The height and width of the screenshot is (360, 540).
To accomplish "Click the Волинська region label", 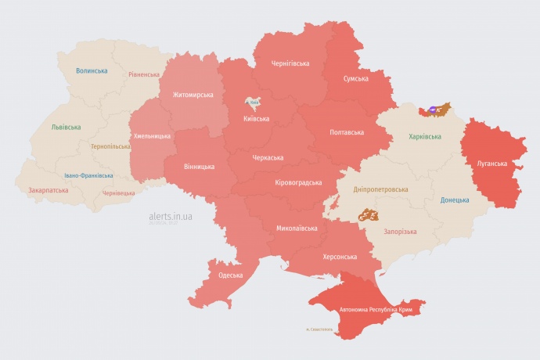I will (x=92, y=70).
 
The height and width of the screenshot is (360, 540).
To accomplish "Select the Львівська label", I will (x=65, y=126).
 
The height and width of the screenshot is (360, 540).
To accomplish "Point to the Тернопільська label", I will (x=110, y=146).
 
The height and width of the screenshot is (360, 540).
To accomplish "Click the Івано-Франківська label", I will (x=88, y=175).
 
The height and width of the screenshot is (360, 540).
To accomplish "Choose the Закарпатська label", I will (x=48, y=189).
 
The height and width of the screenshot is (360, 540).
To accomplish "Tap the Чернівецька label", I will (x=119, y=193).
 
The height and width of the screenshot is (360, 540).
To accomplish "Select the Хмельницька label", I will (x=152, y=135).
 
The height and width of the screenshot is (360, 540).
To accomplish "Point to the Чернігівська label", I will (x=290, y=63).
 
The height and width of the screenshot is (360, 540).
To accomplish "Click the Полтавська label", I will (x=347, y=131).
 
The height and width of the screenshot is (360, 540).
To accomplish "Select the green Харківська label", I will (x=425, y=136).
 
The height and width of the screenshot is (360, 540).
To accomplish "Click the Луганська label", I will (x=492, y=164).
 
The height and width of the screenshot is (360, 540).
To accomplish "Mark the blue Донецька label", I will (x=455, y=200).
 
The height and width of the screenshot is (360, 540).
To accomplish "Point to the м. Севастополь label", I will (x=319, y=329).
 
